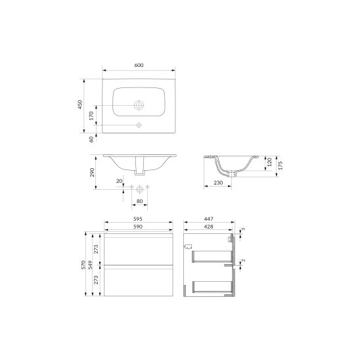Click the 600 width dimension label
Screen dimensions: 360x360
tap(139, 65)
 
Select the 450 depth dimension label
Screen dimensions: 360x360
tap(80, 104)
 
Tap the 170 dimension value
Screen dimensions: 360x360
tap(91, 116)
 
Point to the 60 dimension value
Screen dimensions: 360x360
tap(91, 139)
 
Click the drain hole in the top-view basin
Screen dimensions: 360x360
tap(139, 105)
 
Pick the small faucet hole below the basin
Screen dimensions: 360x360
tap(139, 125)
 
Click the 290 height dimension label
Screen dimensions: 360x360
tap(92, 172)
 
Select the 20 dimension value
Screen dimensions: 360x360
tap(119, 181)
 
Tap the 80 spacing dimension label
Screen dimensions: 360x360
tap(139, 201)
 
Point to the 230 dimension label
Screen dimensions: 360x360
tap(218, 183)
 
